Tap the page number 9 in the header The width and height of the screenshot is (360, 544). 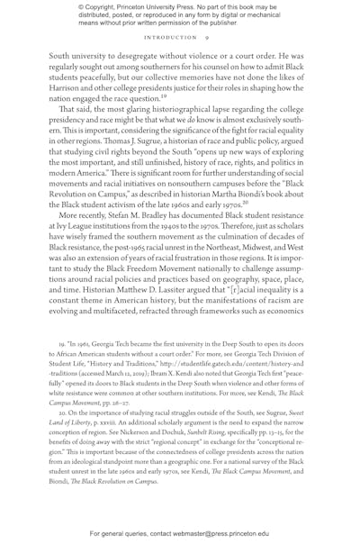pos(206,39)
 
